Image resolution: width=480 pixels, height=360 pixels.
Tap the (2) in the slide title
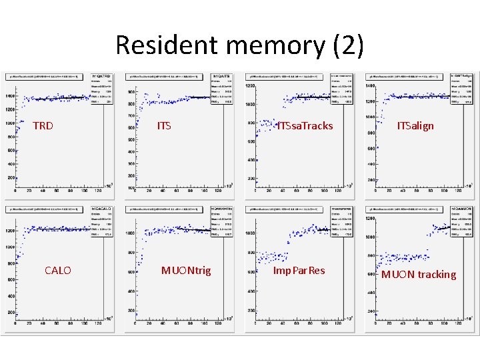[347, 45]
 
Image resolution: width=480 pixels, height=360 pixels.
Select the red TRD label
[43, 125]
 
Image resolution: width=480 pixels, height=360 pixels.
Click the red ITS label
[164, 125]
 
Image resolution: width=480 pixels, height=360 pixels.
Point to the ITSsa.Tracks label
[305, 126]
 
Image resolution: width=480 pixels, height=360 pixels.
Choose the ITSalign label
[415, 125]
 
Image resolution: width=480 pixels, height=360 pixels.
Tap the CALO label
[57, 270]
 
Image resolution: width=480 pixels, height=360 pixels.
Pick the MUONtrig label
[186, 270]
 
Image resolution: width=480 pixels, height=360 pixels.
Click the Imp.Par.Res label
[299, 270]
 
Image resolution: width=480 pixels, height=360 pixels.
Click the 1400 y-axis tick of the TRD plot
[10, 96]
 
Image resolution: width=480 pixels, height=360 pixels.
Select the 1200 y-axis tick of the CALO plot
[10, 231]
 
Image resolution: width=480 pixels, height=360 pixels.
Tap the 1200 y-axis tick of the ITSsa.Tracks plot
[250, 86]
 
